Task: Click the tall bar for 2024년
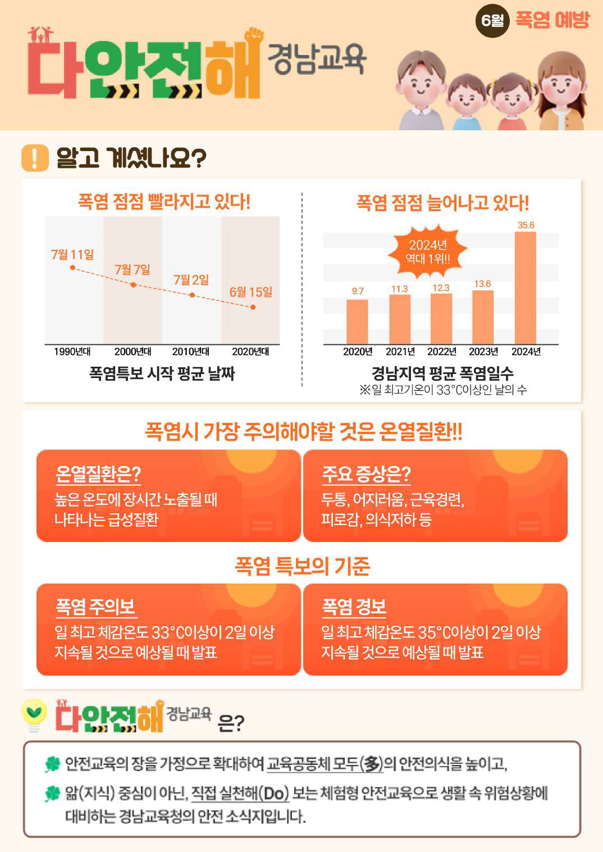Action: click(x=525, y=288)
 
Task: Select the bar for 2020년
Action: click(x=357, y=321)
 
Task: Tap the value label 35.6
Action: click(x=526, y=225)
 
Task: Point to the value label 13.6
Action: click(x=482, y=284)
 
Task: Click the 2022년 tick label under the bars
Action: click(x=441, y=352)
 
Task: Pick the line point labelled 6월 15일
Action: click(x=253, y=307)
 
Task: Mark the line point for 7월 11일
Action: click(x=72, y=267)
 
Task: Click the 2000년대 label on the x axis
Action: click(x=133, y=352)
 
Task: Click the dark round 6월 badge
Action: click(x=492, y=21)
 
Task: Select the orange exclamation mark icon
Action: click(x=35, y=158)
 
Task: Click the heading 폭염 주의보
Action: click(x=95, y=607)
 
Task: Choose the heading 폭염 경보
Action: click(x=354, y=607)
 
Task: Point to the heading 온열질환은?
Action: click(x=98, y=475)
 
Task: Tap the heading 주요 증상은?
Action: click(x=366, y=475)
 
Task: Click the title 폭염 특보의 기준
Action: click(x=302, y=566)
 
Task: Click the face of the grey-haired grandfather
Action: click(x=420, y=84)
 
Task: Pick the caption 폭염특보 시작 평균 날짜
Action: click(x=162, y=373)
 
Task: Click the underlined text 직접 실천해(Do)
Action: click(x=240, y=793)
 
